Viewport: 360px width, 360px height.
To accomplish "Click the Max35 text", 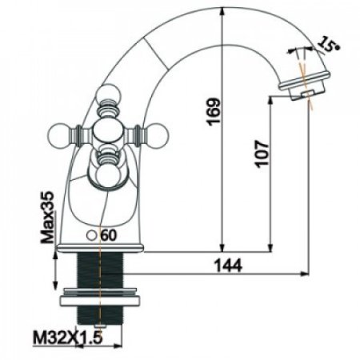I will (48, 217).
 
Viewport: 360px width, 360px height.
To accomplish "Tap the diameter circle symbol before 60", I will (94, 235).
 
